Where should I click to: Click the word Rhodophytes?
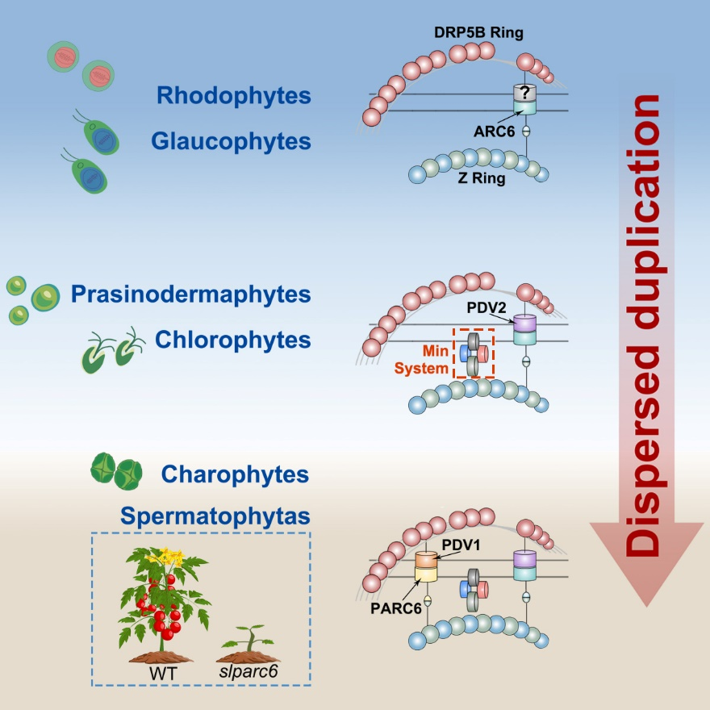234,95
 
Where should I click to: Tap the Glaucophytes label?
231,141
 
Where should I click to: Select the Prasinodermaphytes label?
190,294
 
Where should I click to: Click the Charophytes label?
235,474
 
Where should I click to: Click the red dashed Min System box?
473,352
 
